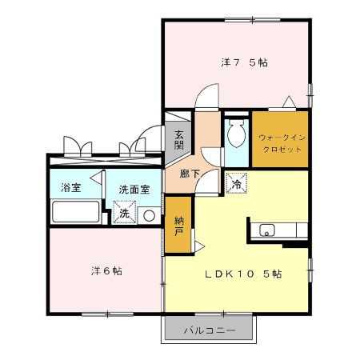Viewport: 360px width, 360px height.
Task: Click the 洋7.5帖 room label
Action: pyautogui.click(x=244, y=62)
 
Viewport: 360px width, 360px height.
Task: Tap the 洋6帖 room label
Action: pyautogui.click(x=106, y=271)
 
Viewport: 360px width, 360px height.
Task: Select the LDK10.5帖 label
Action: pyautogui.click(x=243, y=274)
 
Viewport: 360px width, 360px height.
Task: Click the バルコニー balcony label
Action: pyautogui.click(x=210, y=331)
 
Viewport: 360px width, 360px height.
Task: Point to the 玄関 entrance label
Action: pyautogui.click(x=179, y=139)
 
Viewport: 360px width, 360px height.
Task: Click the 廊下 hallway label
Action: pyautogui.click(x=190, y=174)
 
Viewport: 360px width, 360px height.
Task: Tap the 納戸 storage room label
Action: pyautogui.click(x=178, y=226)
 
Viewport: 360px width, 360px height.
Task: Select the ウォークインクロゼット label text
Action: pyautogui.click(x=282, y=143)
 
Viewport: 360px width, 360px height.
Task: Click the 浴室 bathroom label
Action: pyautogui.click(x=70, y=187)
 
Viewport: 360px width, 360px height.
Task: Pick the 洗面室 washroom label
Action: pyautogui.click(x=134, y=190)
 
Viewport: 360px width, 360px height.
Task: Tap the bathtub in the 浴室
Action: pyautogui.click(x=76, y=212)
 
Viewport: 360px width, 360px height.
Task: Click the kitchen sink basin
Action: pyautogui.click(x=267, y=230)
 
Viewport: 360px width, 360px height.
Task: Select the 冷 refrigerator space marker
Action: pyautogui.click(x=237, y=183)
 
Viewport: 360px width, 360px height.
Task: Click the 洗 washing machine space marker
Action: pyautogui.click(x=124, y=212)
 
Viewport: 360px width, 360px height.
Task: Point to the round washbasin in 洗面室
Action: pyautogui.click(x=149, y=215)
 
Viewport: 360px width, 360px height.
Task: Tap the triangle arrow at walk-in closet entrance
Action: pyautogui.click(x=289, y=102)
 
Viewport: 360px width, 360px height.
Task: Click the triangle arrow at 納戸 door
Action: pyautogui.click(x=199, y=246)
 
